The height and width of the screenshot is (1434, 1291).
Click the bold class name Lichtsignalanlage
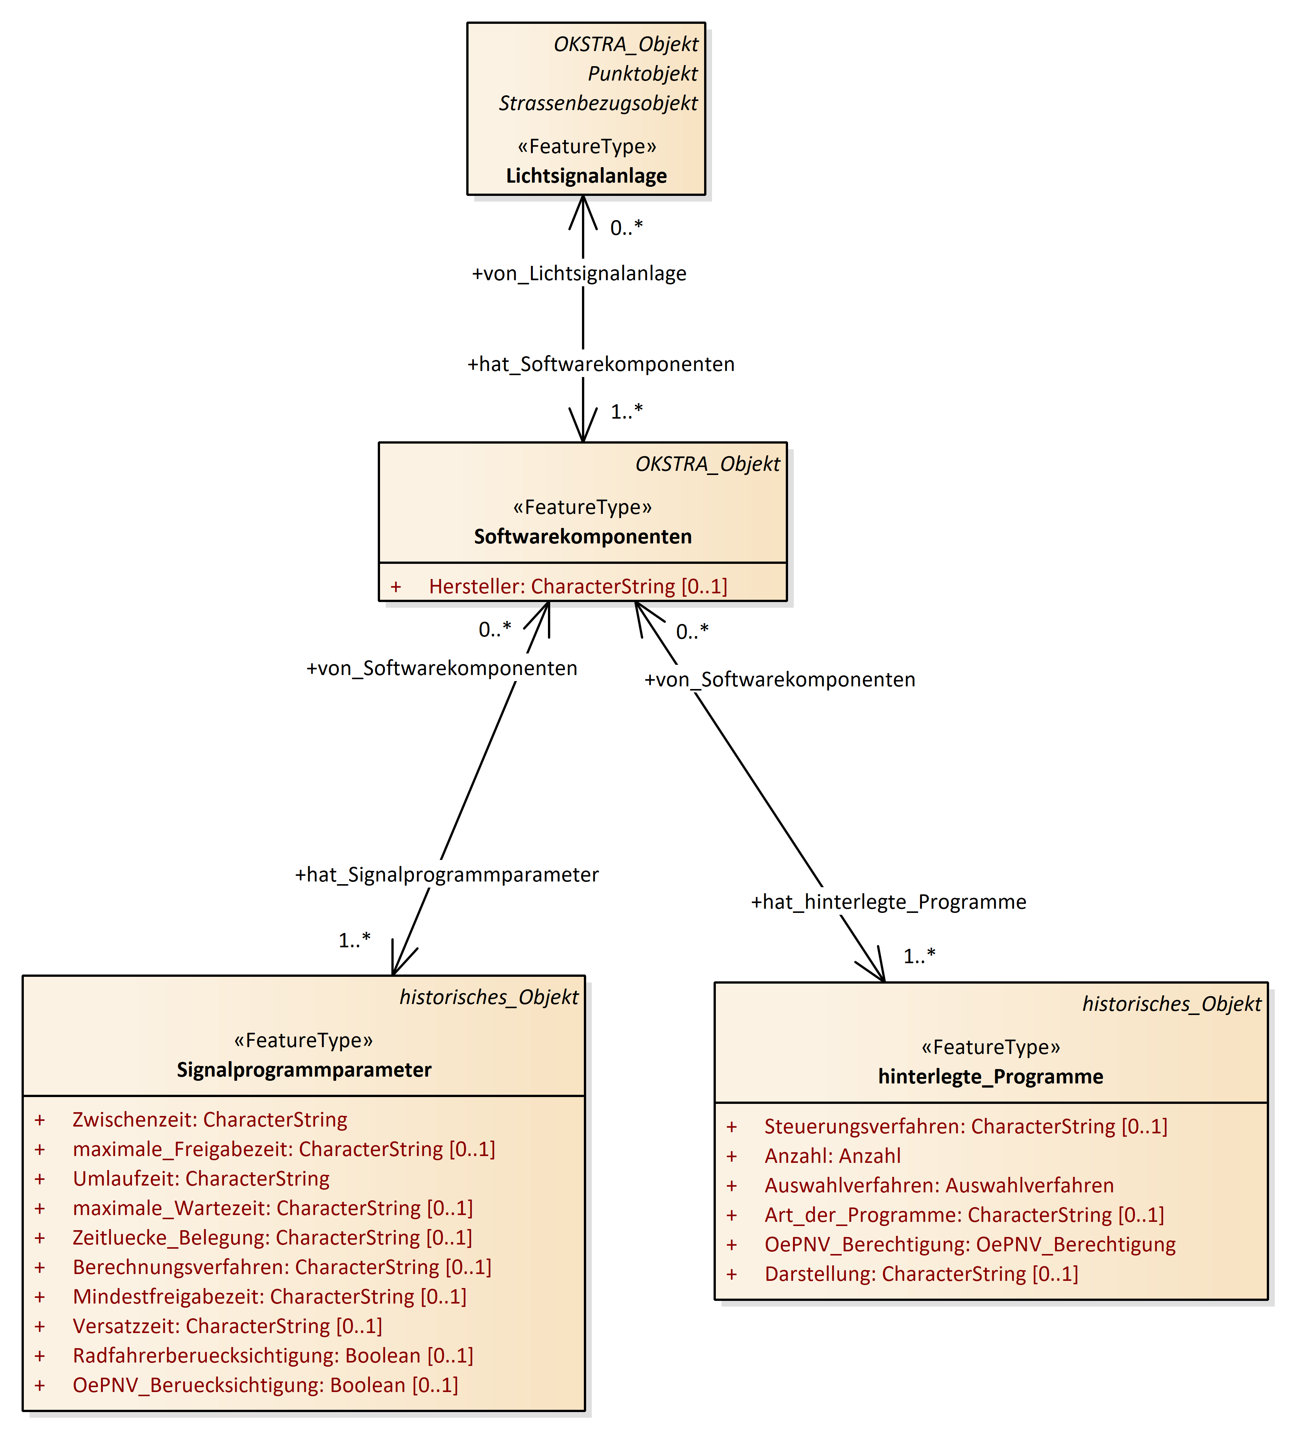tap(586, 176)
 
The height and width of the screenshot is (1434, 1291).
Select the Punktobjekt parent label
tap(642, 74)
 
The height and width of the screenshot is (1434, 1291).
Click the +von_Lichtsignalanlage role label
tap(579, 274)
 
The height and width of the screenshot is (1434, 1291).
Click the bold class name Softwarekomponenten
tap(582, 537)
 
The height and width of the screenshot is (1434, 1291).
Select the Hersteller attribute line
tap(577, 587)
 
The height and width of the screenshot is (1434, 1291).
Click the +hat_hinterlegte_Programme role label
tap(888, 902)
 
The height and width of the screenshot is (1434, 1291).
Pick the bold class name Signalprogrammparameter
tap(304, 1070)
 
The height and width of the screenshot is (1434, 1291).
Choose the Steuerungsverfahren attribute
tap(965, 1127)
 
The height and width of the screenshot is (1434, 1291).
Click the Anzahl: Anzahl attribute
tap(832, 1157)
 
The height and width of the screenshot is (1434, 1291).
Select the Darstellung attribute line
tap(921, 1274)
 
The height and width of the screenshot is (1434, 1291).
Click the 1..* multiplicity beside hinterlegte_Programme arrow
tap(919, 957)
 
